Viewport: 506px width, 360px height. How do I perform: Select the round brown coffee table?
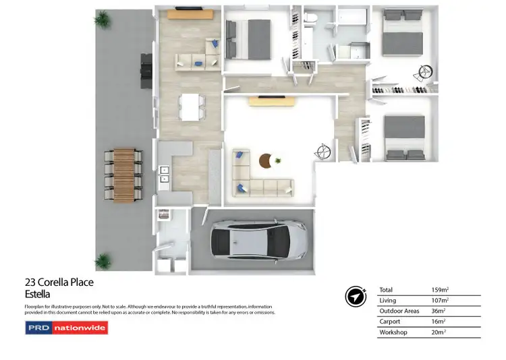[266, 160]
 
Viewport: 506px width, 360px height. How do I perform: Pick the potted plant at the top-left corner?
[103, 20]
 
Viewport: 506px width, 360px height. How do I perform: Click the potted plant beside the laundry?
[103, 260]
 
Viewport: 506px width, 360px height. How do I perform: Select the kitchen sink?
[163, 175]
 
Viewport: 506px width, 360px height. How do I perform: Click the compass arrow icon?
[355, 297]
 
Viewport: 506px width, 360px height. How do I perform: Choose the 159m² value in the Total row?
[440, 290]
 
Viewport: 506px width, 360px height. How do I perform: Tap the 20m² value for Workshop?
[439, 332]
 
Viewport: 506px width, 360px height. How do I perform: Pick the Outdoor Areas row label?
[401, 311]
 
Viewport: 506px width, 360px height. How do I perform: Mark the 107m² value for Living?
[440, 301]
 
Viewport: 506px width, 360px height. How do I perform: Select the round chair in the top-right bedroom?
[424, 70]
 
